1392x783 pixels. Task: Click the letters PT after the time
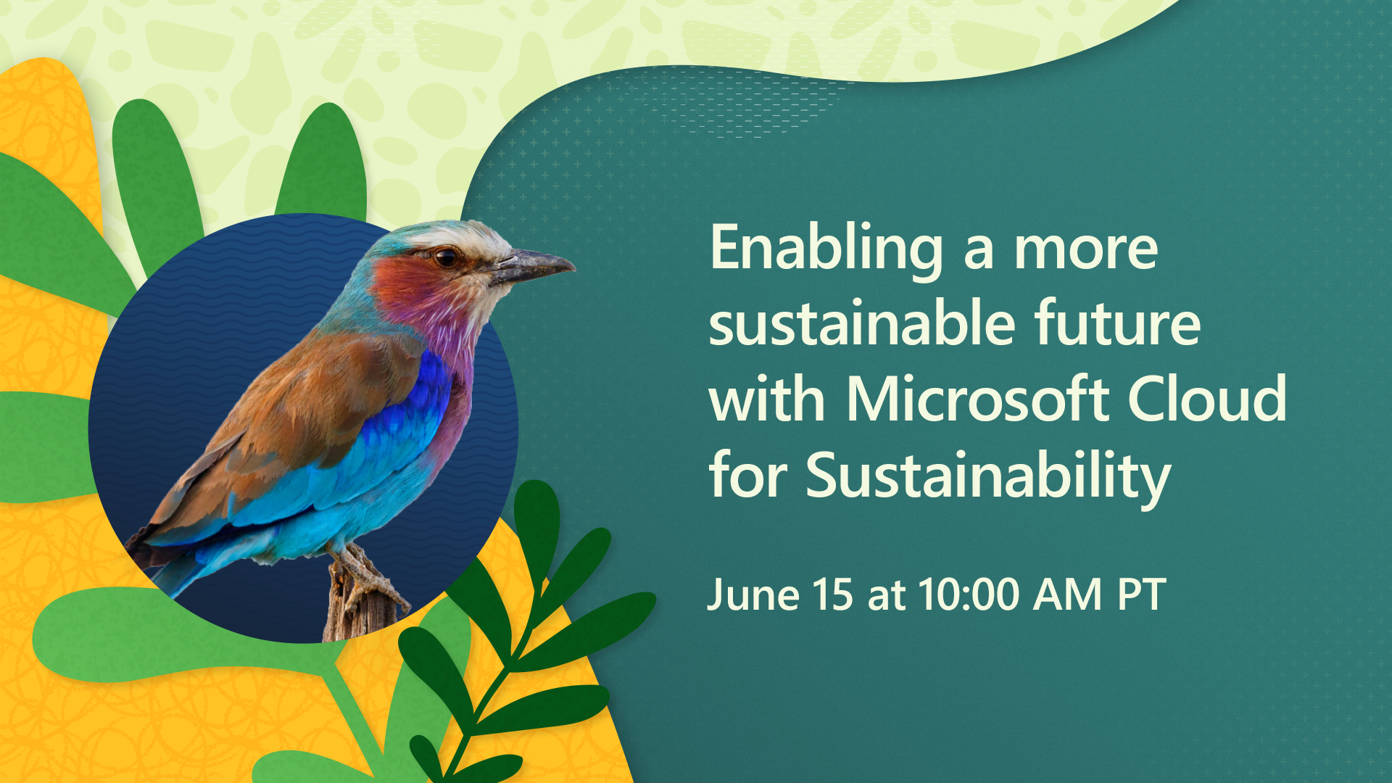point(1141,594)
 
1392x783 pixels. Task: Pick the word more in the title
point(1085,250)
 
